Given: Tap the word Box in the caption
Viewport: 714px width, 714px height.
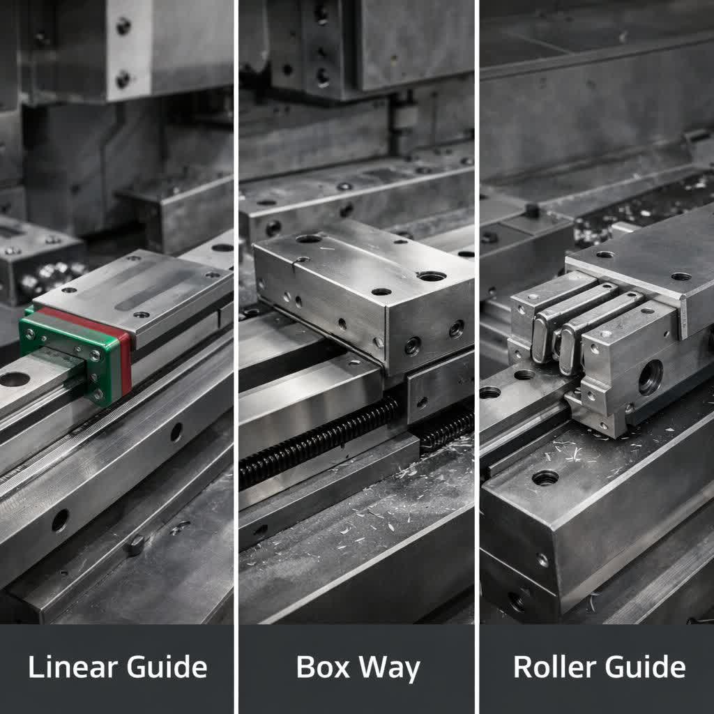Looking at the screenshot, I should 323,667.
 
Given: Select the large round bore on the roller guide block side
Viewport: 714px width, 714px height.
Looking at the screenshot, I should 650,377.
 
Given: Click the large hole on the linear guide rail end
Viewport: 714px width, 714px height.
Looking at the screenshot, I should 15,379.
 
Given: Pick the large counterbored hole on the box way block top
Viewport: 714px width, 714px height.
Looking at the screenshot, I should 431,276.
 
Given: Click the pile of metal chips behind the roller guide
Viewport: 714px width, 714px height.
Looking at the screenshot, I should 641,206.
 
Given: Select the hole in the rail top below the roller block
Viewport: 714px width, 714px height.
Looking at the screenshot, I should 545,478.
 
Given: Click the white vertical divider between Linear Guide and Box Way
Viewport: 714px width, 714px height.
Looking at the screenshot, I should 236,349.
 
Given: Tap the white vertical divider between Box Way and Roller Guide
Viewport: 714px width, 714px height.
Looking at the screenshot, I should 477,349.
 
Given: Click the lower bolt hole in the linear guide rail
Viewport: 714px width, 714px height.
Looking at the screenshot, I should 60,519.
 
